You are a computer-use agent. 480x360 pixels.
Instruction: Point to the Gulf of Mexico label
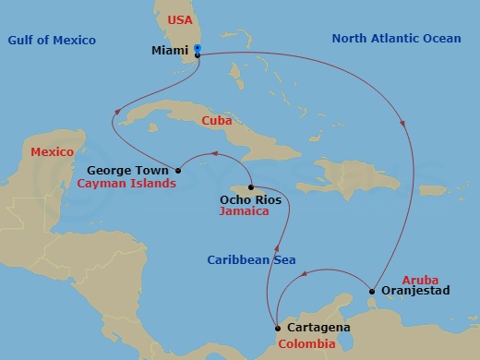tap(52, 40)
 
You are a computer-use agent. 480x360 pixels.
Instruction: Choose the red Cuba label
tap(218, 120)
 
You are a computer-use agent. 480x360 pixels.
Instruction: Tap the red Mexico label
tap(51, 150)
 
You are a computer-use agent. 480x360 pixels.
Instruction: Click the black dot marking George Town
tap(178, 171)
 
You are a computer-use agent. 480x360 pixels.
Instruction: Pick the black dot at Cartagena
tap(278, 328)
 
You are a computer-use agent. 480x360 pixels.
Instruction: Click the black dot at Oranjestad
tap(371, 292)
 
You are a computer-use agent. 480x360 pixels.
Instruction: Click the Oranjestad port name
tap(414, 292)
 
